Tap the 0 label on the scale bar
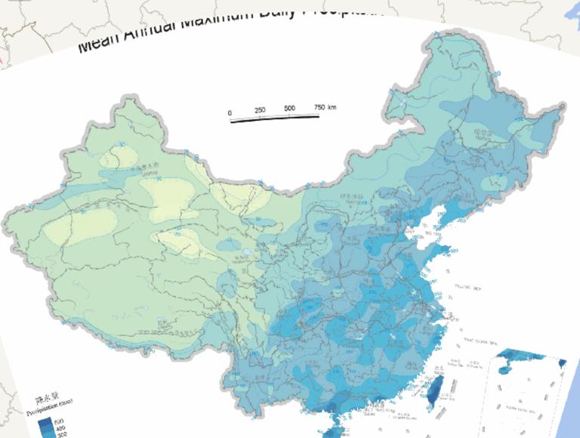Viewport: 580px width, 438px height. click(230, 113)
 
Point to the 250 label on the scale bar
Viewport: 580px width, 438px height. click(261, 110)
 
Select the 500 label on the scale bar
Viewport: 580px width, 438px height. click(290, 109)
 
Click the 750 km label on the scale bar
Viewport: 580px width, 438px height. click(325, 107)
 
